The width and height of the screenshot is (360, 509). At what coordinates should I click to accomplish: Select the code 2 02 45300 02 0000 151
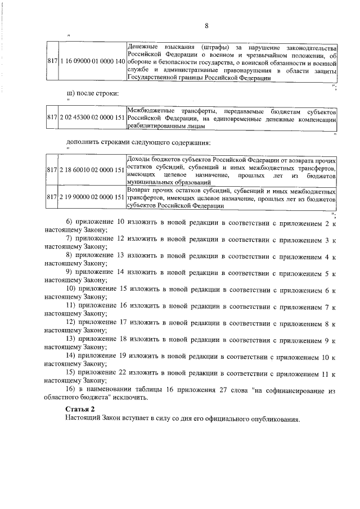(91, 119)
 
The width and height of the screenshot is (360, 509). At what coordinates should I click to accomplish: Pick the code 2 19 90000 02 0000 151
(91, 197)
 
